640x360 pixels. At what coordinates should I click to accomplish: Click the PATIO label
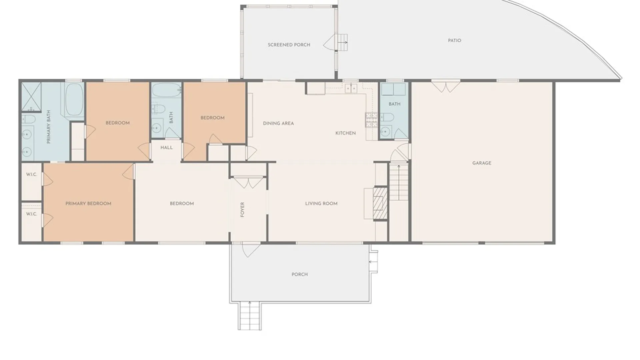454,40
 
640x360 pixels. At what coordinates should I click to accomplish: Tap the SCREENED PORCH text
289,45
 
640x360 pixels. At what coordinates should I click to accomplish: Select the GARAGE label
481,163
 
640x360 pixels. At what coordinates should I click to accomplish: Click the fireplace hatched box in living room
380,203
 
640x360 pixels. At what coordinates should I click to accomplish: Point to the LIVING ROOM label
321,203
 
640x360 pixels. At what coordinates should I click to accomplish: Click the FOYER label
242,209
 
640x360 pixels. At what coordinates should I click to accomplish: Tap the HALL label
166,147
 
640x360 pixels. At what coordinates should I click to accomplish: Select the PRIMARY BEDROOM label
88,203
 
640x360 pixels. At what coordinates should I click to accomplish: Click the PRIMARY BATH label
49,127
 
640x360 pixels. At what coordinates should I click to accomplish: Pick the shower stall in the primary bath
31,96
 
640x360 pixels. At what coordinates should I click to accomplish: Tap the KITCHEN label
345,133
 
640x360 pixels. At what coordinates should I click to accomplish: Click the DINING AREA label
278,123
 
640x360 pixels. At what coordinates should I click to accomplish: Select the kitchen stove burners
371,120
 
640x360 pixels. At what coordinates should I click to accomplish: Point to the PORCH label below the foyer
299,274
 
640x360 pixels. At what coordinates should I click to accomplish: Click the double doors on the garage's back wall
446,87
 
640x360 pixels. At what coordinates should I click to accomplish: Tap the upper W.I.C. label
31,174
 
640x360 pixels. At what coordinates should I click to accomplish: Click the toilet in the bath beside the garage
387,117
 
